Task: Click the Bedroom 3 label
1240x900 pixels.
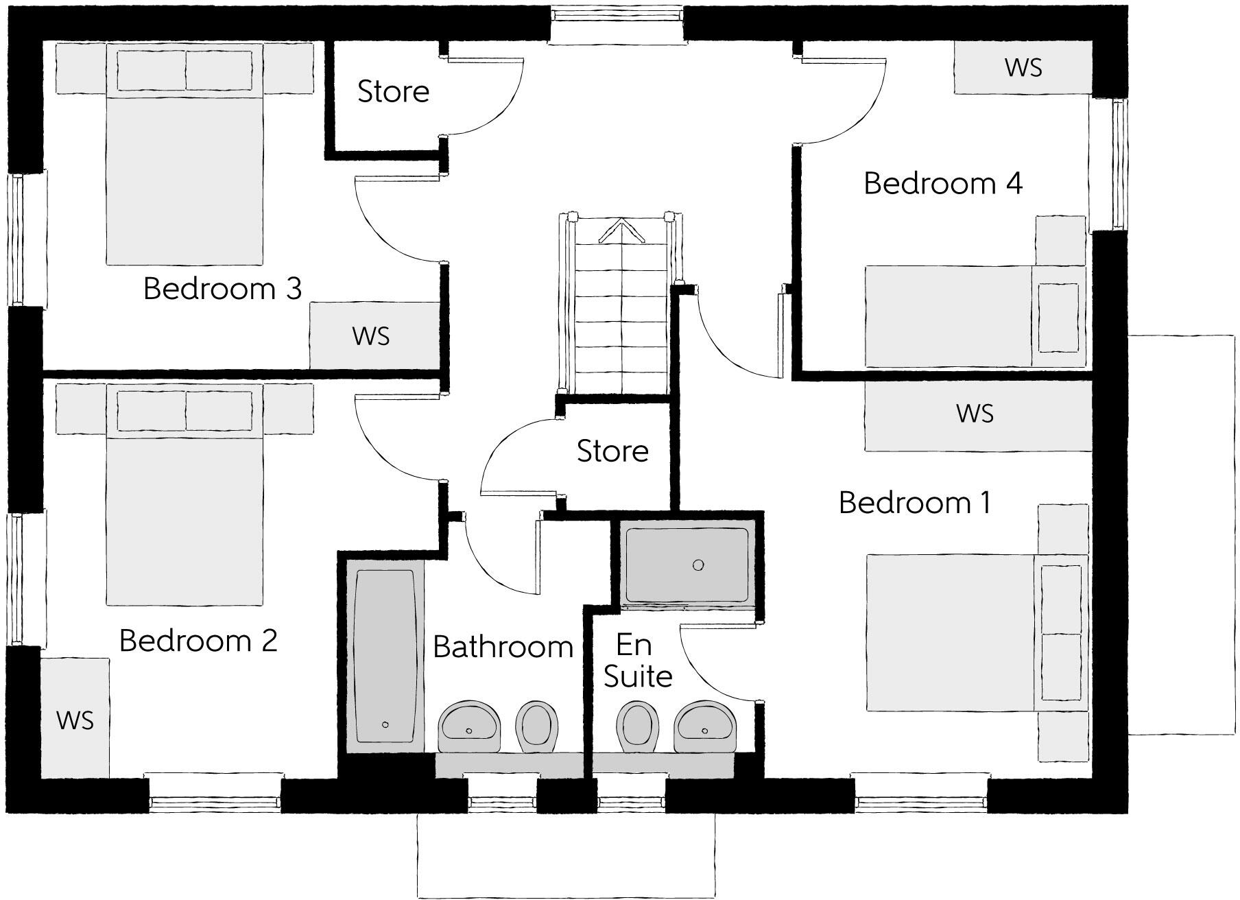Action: click(222, 289)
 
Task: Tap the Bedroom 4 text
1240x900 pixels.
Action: click(942, 184)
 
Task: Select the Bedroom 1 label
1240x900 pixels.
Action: click(914, 503)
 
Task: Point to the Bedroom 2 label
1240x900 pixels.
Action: click(198, 641)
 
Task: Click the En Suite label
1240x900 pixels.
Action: click(637, 661)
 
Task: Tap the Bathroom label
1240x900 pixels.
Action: click(503, 647)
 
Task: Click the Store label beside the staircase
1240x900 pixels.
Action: click(612, 451)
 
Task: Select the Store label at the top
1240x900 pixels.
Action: click(393, 91)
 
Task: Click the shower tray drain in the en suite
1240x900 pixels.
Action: click(698, 565)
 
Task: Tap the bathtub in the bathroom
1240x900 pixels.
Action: click(384, 659)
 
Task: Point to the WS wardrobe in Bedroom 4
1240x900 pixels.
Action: click(1023, 68)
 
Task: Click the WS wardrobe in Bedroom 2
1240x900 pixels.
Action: click(75, 719)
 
